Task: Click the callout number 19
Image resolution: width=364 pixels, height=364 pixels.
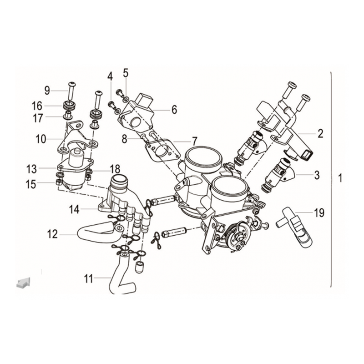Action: tap(319, 212)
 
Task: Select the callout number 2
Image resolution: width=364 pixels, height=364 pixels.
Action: tap(320, 134)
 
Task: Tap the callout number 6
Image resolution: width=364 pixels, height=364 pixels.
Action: tap(174, 110)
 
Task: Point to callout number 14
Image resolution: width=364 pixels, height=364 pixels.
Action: tap(74, 210)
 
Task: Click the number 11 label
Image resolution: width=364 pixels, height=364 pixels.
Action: tap(88, 278)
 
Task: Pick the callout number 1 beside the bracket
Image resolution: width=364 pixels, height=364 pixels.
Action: tap(340, 178)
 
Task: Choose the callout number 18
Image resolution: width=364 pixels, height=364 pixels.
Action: tap(115, 169)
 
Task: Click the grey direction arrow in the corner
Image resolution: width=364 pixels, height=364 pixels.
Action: tap(23, 283)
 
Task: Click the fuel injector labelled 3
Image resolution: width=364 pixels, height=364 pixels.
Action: tap(278, 175)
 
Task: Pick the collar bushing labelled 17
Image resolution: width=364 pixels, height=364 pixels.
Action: tap(68, 115)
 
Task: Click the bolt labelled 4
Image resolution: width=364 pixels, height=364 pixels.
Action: tap(111, 105)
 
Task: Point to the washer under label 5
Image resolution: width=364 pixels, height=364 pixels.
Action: tap(126, 99)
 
